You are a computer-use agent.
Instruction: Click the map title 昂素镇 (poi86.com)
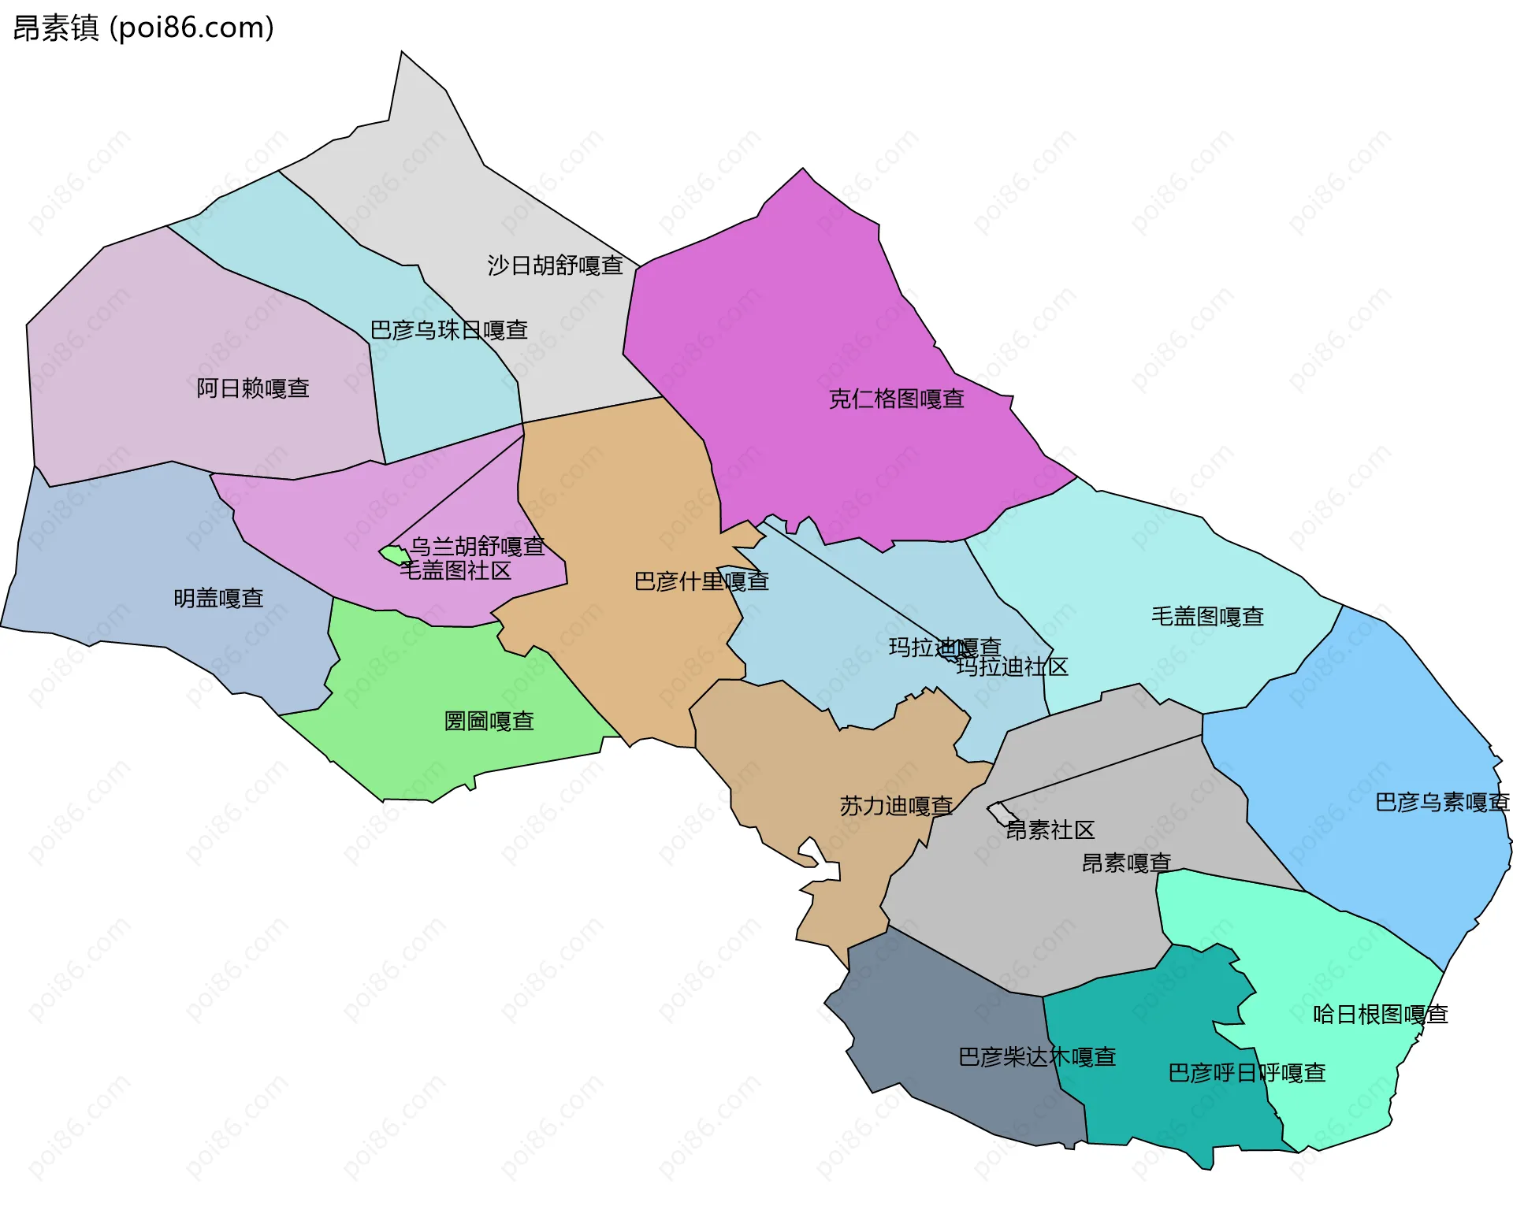143,28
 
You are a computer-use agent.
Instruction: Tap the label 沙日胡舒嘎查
555,265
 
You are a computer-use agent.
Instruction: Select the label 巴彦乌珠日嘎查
448,330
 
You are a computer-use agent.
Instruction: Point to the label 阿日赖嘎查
252,388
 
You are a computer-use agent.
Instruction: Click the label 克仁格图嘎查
896,399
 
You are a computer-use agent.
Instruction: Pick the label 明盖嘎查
218,599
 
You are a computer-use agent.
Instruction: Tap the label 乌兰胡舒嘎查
477,546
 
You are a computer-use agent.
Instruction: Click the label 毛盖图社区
455,570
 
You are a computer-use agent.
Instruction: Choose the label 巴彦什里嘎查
701,581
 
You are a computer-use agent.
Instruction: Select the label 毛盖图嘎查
1207,617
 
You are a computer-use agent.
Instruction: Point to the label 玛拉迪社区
1012,667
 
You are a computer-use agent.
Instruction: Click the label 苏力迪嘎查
896,806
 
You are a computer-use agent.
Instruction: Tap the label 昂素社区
1050,829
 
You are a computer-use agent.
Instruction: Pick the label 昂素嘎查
1126,863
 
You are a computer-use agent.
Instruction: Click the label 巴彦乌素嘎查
1441,803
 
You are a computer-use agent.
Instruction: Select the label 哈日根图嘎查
1380,1015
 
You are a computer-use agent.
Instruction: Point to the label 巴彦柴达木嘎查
1037,1057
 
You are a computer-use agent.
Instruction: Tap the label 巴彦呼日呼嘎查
1247,1073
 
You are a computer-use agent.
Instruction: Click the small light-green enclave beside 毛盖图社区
392,555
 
